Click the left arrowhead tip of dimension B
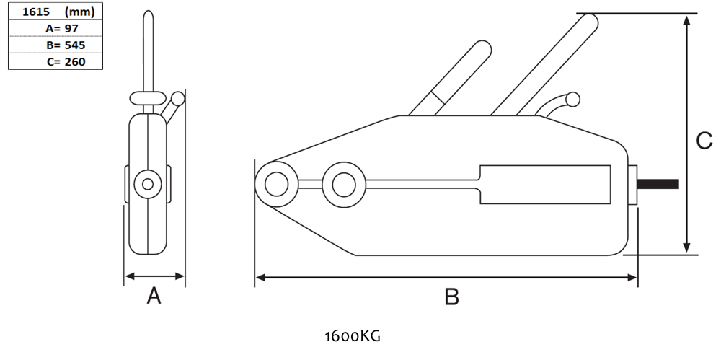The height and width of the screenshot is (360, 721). click(x=256, y=278)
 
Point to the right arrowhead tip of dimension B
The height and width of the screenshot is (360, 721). click(x=637, y=278)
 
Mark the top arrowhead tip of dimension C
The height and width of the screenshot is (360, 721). click(x=687, y=16)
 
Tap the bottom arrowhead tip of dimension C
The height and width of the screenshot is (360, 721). click(x=687, y=253)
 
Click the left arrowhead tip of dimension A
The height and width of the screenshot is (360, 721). click(x=125, y=276)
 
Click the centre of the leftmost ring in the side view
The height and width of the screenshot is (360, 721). click(x=276, y=184)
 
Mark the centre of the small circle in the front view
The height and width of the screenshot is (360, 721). click(x=148, y=184)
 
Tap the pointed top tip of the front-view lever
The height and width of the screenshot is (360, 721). click(x=148, y=11)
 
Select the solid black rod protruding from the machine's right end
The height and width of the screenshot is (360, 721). click(x=658, y=184)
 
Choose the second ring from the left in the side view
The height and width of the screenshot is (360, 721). click(x=344, y=185)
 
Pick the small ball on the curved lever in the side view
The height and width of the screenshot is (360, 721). click(x=572, y=100)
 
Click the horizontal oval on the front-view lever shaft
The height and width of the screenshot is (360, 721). click(x=148, y=98)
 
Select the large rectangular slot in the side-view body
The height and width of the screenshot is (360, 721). click(x=545, y=184)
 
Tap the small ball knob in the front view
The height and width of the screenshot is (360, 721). click(x=177, y=99)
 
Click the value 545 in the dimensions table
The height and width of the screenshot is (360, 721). click(x=75, y=45)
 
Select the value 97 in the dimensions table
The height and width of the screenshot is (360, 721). click(x=71, y=29)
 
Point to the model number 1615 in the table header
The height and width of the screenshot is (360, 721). click(x=36, y=12)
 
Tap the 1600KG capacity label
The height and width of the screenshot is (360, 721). click(x=353, y=336)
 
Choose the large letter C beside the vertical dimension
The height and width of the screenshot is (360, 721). click(x=704, y=141)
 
